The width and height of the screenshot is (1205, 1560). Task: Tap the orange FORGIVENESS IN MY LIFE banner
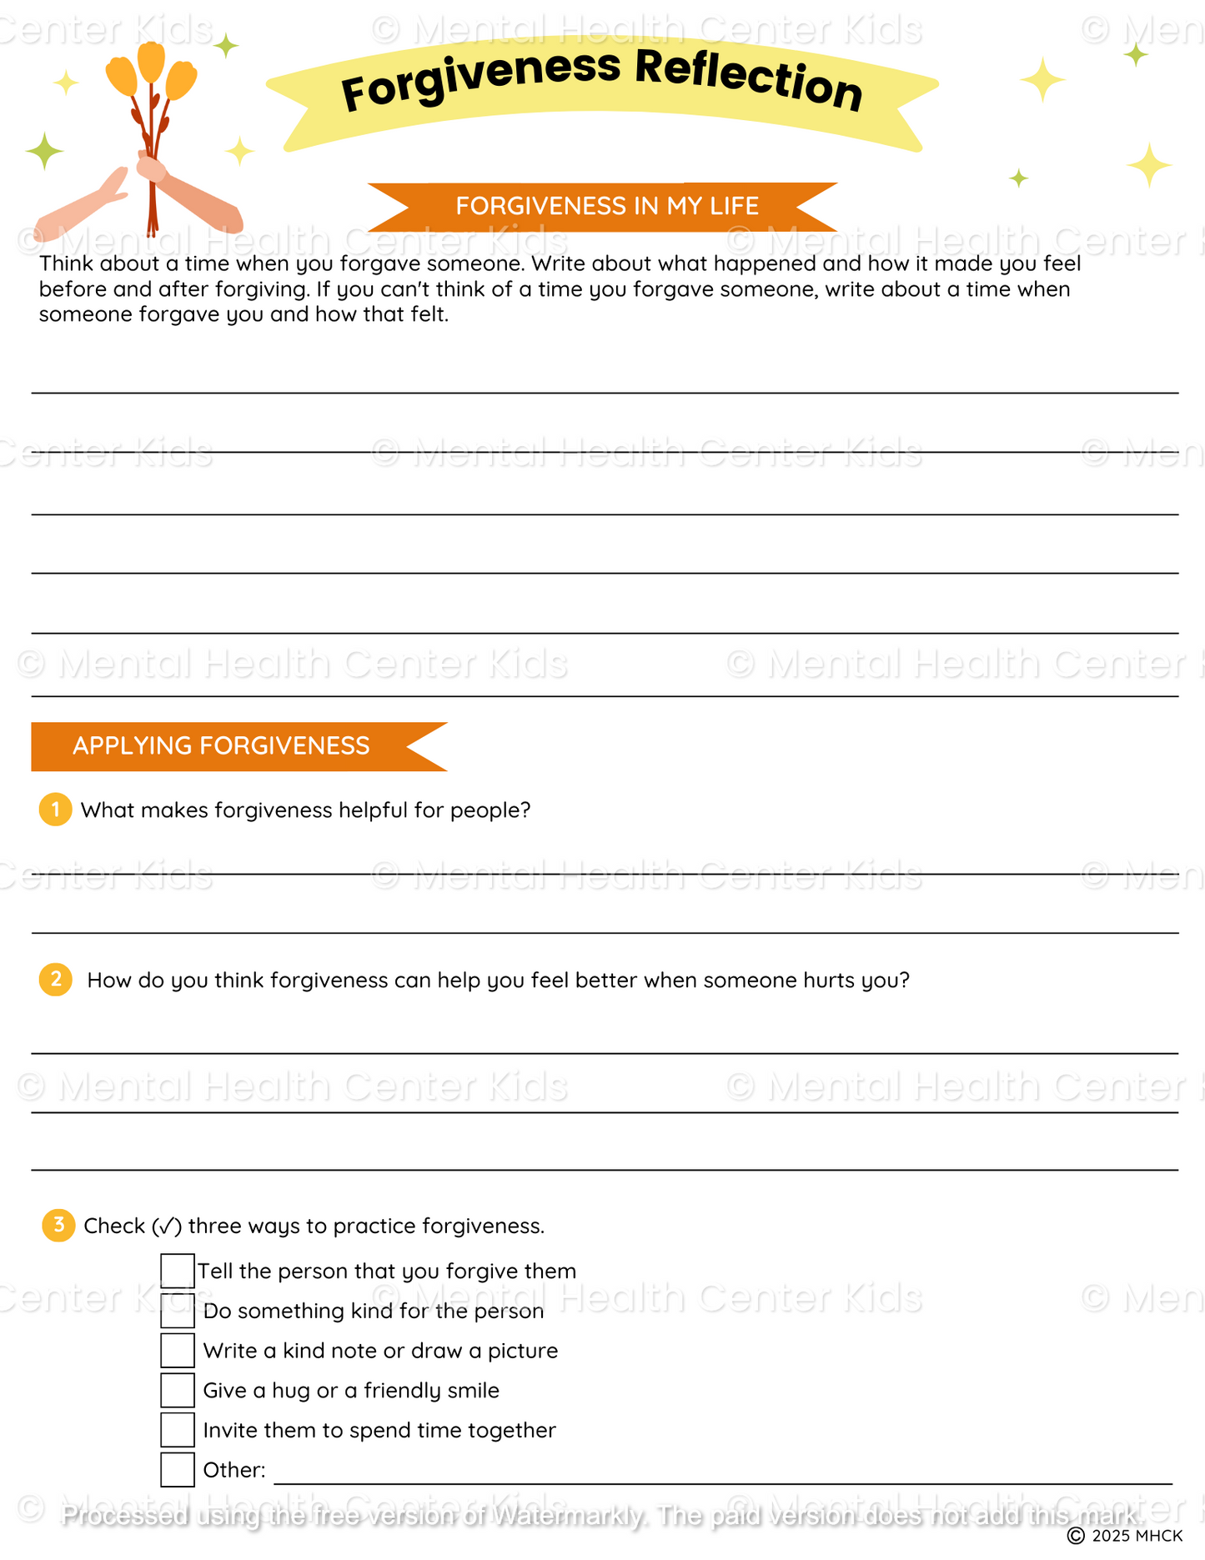(606, 206)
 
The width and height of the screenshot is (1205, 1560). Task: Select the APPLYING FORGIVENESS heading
(221, 745)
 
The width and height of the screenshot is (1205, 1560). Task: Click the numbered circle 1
(55, 810)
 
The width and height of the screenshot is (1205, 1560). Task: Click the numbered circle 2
(56, 979)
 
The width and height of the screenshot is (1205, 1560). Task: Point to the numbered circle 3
(58, 1225)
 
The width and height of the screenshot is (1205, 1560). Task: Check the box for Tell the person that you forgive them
(178, 1271)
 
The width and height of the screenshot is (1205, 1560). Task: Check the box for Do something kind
(178, 1311)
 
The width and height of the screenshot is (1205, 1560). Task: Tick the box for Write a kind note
(178, 1350)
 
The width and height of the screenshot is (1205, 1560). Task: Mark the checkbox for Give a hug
(178, 1390)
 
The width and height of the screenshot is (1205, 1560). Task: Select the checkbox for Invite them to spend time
(178, 1429)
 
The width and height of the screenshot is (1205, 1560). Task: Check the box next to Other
(178, 1469)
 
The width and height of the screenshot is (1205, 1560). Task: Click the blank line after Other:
(722, 1477)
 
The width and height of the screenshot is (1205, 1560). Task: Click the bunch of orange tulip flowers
(152, 75)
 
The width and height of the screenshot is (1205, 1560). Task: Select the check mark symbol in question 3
(167, 1226)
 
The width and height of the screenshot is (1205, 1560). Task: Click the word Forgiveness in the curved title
(481, 80)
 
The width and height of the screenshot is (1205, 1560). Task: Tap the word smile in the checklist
(474, 1390)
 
